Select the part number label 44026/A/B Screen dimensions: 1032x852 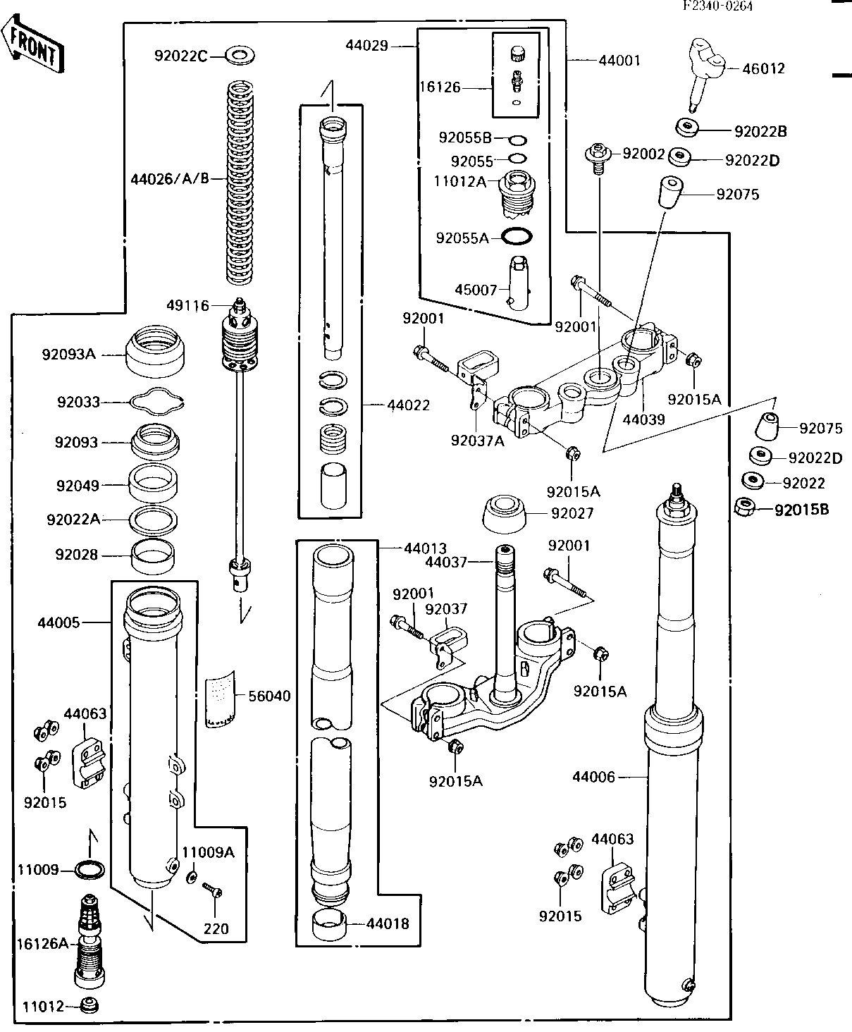(x=170, y=179)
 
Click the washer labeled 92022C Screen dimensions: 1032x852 (x=241, y=54)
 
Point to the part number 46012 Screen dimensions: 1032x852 (x=764, y=69)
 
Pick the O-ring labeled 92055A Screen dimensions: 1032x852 (x=517, y=238)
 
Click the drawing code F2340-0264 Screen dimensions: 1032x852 (x=717, y=6)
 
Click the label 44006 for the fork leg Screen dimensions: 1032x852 (x=593, y=777)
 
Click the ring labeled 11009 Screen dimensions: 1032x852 (x=90, y=871)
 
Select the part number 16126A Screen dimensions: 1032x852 (x=42, y=942)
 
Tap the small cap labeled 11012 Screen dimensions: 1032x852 (x=89, y=1006)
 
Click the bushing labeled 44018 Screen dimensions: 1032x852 (x=329, y=925)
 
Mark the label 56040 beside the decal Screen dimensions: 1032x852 (x=268, y=696)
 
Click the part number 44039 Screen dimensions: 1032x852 (x=644, y=420)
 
